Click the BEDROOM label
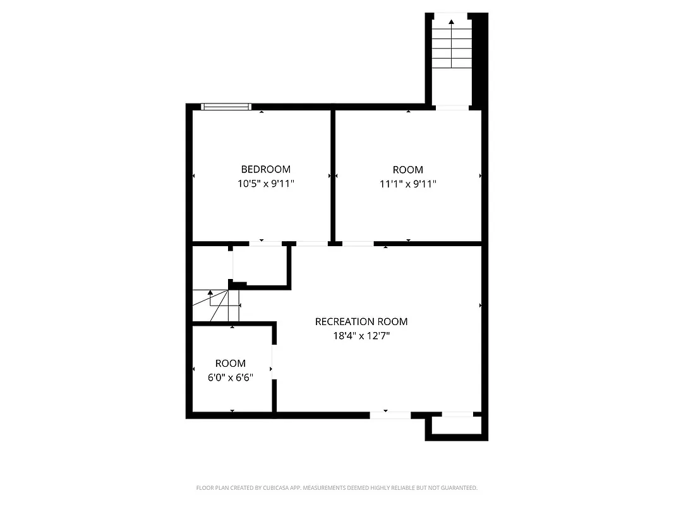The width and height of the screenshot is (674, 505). pos(265,169)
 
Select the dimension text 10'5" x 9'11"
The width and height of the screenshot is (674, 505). pos(265,184)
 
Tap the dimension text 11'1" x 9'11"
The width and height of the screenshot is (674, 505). pos(408,184)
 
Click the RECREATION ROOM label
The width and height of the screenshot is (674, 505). pos(361,321)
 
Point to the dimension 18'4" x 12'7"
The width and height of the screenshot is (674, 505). pos(361,336)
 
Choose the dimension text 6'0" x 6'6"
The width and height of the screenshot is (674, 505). pos(231,377)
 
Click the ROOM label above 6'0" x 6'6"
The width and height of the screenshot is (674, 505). pos(231,363)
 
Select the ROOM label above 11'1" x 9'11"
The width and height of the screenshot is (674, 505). pos(408,169)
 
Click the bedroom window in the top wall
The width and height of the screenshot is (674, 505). pos(226,106)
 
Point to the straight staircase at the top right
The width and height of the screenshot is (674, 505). pos(452,47)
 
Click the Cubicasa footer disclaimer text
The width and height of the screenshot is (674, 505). pos(337,488)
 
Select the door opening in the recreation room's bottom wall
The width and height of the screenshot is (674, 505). pos(390,415)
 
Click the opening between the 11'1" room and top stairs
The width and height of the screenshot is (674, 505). pos(452,108)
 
